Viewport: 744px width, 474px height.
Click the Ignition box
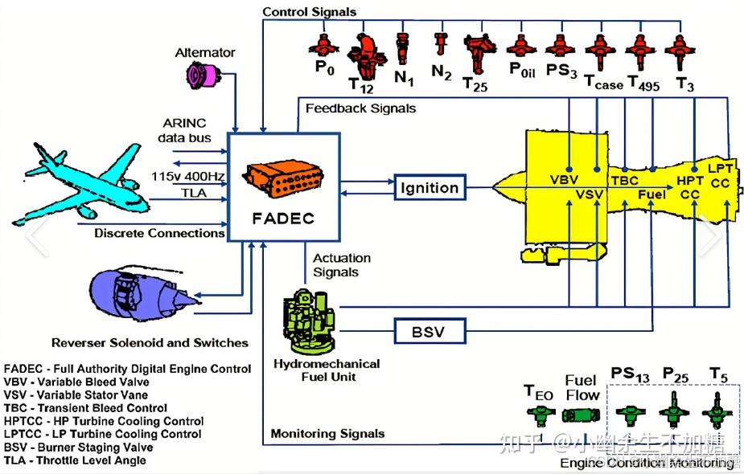430,188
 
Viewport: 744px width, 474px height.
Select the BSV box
430,330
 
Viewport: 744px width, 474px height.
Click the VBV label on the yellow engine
565,178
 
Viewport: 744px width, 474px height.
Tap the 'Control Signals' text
309,11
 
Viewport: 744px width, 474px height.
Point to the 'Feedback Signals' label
361,108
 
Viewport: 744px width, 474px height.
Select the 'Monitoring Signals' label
327,434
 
